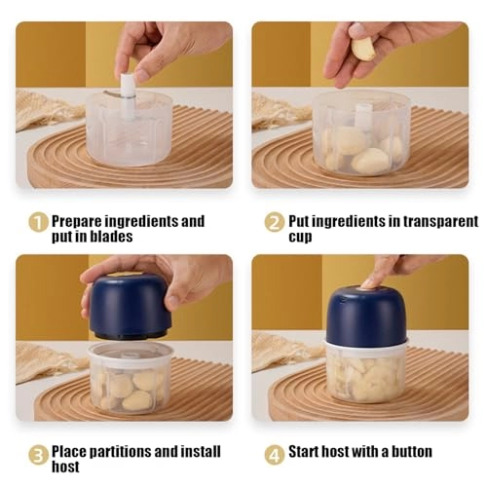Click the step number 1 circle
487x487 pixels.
37,222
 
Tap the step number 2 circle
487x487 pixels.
273,222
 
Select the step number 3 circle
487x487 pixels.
37,454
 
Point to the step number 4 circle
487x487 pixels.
273,453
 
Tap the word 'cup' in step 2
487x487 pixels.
302,238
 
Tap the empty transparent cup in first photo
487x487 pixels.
128,131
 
